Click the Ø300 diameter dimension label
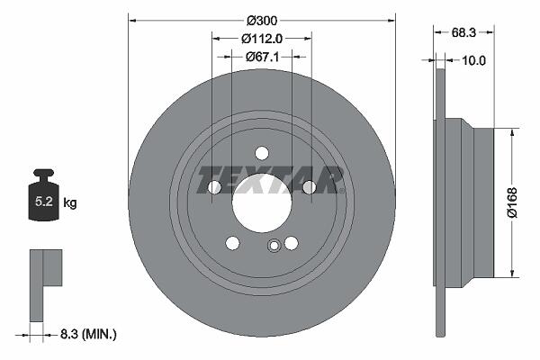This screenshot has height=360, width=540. pos(262,21)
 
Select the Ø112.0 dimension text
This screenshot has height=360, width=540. pos(262,39)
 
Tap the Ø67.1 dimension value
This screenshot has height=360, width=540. pos(262,57)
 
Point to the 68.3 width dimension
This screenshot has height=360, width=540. pos(463,32)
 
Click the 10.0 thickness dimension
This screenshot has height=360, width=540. pos(473,60)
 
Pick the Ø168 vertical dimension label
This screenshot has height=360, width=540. pos(513,202)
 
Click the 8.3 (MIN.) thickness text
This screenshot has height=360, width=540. pos(88,334)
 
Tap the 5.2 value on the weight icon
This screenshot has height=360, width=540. pos(44,202)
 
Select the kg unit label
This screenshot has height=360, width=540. pos(70,202)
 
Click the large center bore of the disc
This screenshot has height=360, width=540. pos(262,203)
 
